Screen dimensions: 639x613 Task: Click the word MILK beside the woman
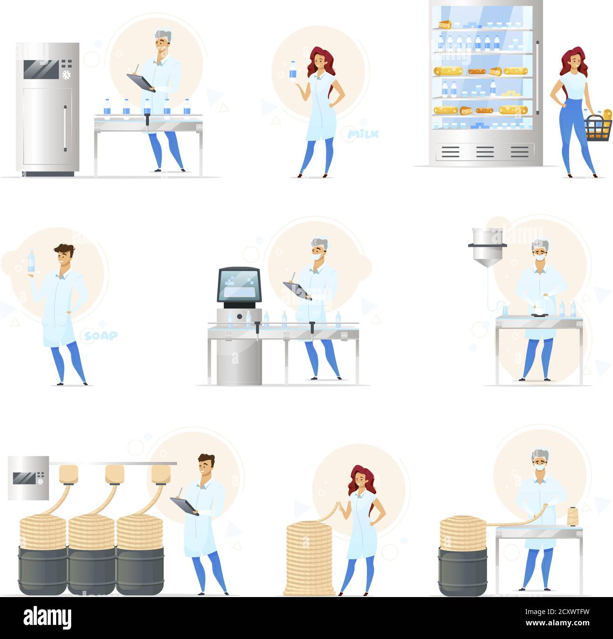coord(363,134)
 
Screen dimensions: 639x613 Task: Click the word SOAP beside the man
coord(101,336)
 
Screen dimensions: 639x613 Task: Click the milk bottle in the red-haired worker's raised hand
coord(293,70)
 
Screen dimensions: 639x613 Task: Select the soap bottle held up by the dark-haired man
coord(31,261)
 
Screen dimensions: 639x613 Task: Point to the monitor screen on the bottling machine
coord(239,285)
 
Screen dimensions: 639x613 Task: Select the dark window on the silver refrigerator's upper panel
coord(41,69)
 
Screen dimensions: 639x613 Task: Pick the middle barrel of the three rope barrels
coord(92,570)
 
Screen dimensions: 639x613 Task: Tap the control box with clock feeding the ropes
coord(28,477)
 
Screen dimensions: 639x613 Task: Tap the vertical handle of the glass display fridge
coord(537,71)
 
